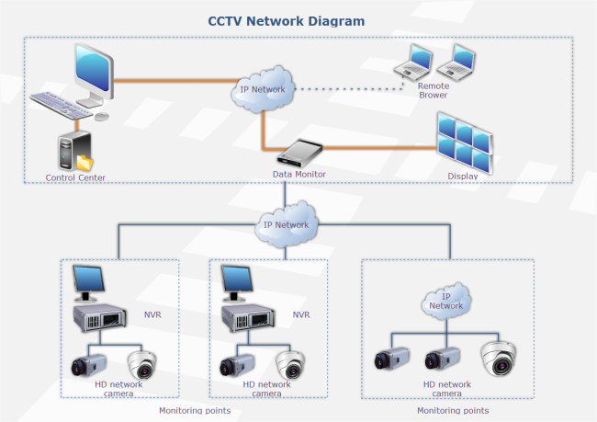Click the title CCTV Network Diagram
point(286,20)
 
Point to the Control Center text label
point(75,177)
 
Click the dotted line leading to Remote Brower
point(349,89)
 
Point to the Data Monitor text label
point(299,174)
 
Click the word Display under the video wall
point(463,177)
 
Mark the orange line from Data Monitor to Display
point(377,149)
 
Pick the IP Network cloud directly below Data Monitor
point(287,225)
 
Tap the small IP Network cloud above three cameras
point(446,301)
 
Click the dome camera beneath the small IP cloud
point(499,359)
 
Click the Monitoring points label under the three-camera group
point(453,410)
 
